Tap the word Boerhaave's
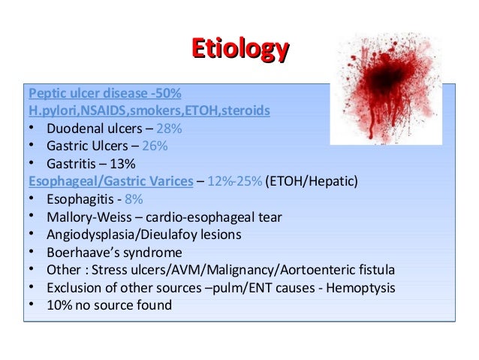tap(83, 253)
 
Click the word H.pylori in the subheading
tap(49, 110)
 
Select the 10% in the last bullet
tap(59, 305)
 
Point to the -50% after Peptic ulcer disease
tap(164, 93)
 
